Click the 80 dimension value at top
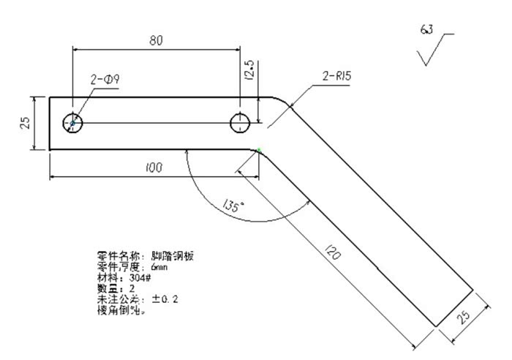pos(157,41)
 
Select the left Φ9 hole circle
pos(72,123)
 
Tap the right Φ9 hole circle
pos(240,123)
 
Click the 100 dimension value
pos(154,168)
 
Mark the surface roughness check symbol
pos(432,51)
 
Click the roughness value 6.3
pos(426,29)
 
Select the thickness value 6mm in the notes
pos(151,267)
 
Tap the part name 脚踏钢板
pos(173,256)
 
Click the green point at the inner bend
pos(259,151)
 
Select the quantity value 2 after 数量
pos(132,288)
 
